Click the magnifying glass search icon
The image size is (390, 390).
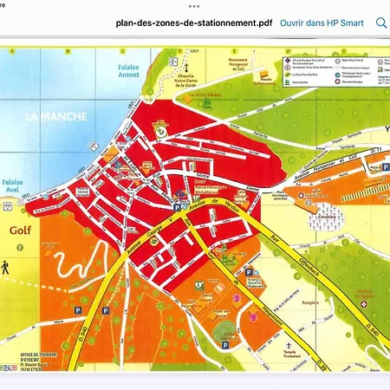(x=380, y=23)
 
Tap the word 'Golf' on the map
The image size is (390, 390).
(x=21, y=232)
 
